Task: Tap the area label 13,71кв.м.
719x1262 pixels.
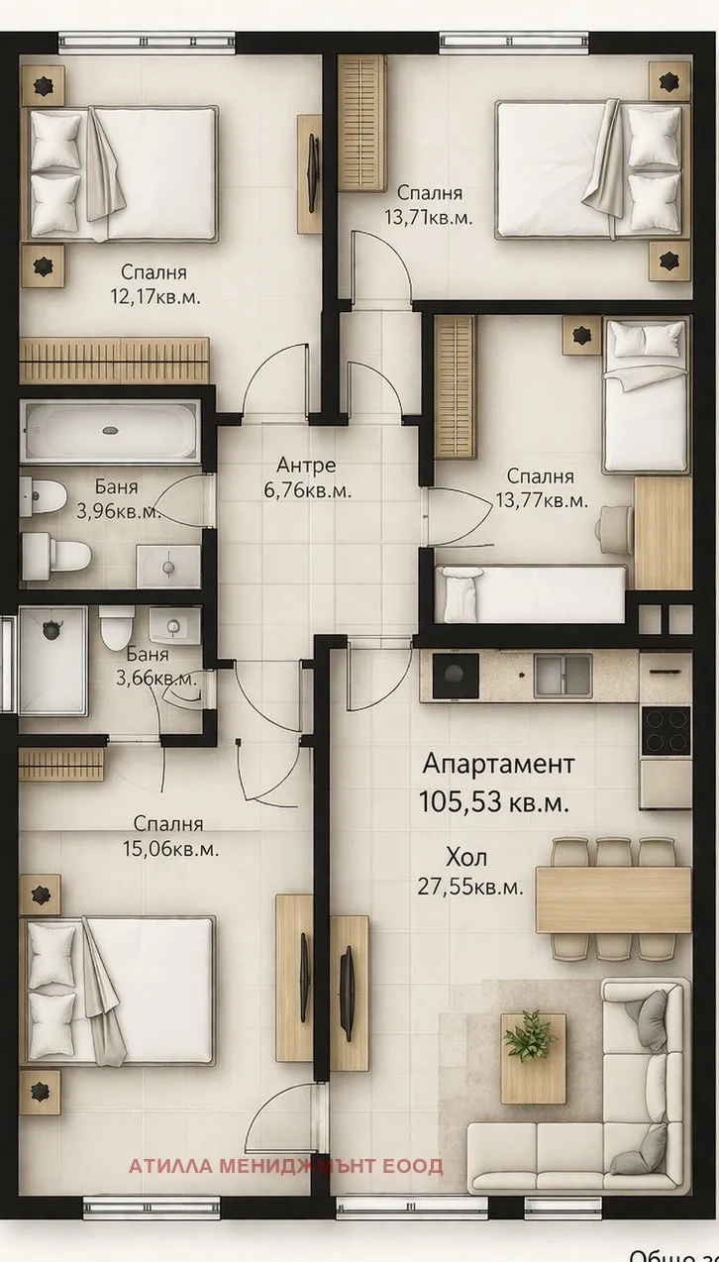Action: click(429, 217)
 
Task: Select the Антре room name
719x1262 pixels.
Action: click(306, 465)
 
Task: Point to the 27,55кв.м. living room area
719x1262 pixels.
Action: click(470, 887)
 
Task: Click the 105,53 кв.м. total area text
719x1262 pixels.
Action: click(494, 802)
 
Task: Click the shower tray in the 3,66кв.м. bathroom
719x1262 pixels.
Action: click(51, 660)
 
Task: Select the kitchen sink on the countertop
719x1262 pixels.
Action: click(565, 675)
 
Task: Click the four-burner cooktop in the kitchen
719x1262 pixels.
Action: click(666, 732)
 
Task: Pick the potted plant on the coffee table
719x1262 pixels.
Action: click(531, 1036)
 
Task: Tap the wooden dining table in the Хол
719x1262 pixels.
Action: click(613, 899)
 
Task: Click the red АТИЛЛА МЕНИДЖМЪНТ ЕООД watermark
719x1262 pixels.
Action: click(285, 1167)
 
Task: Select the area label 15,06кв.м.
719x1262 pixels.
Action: click(176, 849)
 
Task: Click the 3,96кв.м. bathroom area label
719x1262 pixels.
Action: click(118, 512)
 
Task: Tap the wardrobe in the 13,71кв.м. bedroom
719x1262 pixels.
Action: click(361, 122)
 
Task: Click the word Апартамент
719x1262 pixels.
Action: click(498, 764)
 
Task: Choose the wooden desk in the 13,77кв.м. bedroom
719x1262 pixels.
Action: click(663, 533)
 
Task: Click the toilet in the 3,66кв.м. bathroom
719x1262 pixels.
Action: click(116, 626)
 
